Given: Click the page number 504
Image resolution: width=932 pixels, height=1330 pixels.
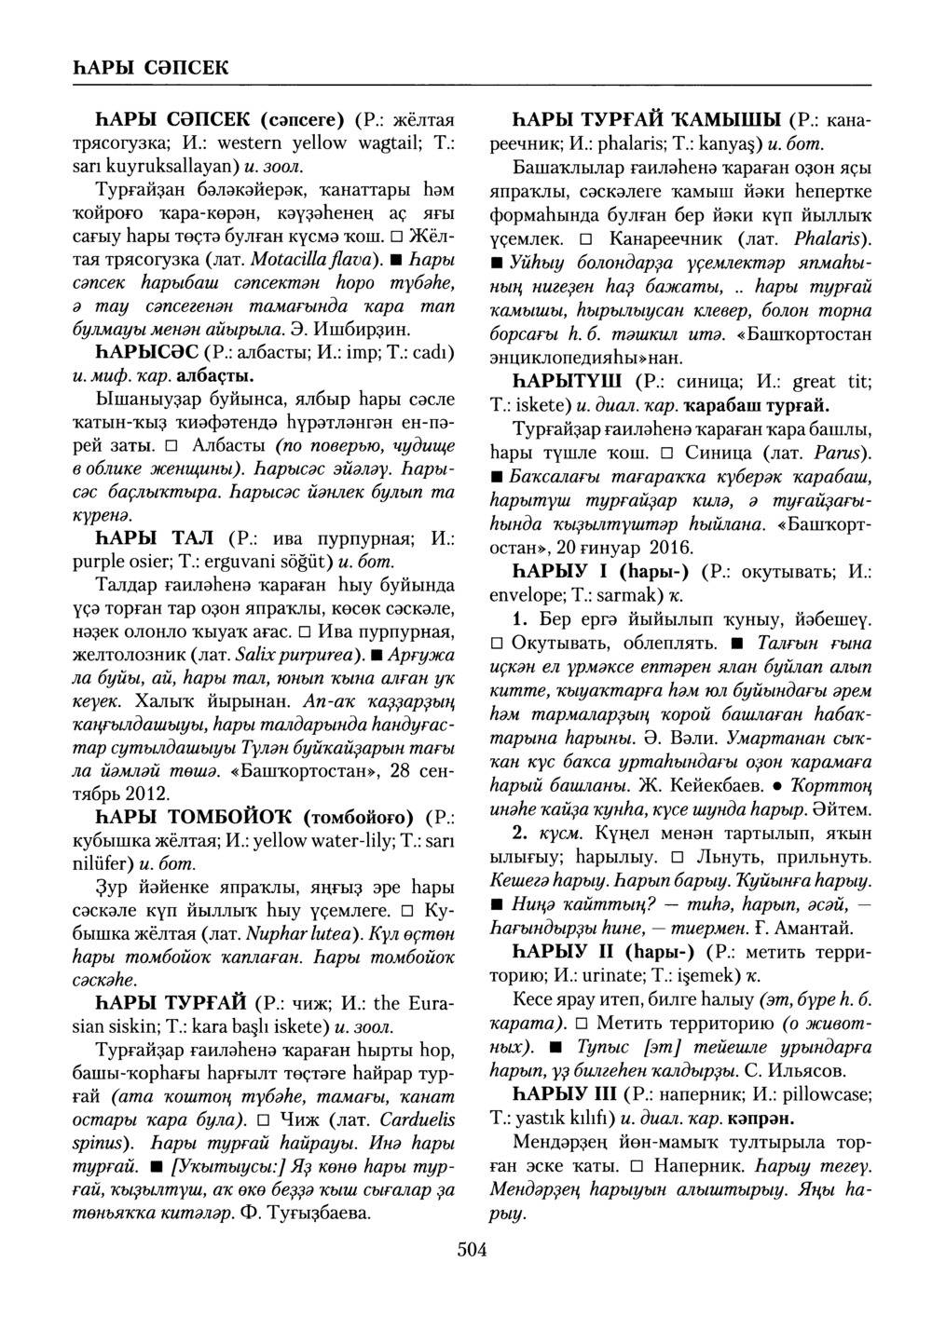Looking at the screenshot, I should [x=473, y=1250].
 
